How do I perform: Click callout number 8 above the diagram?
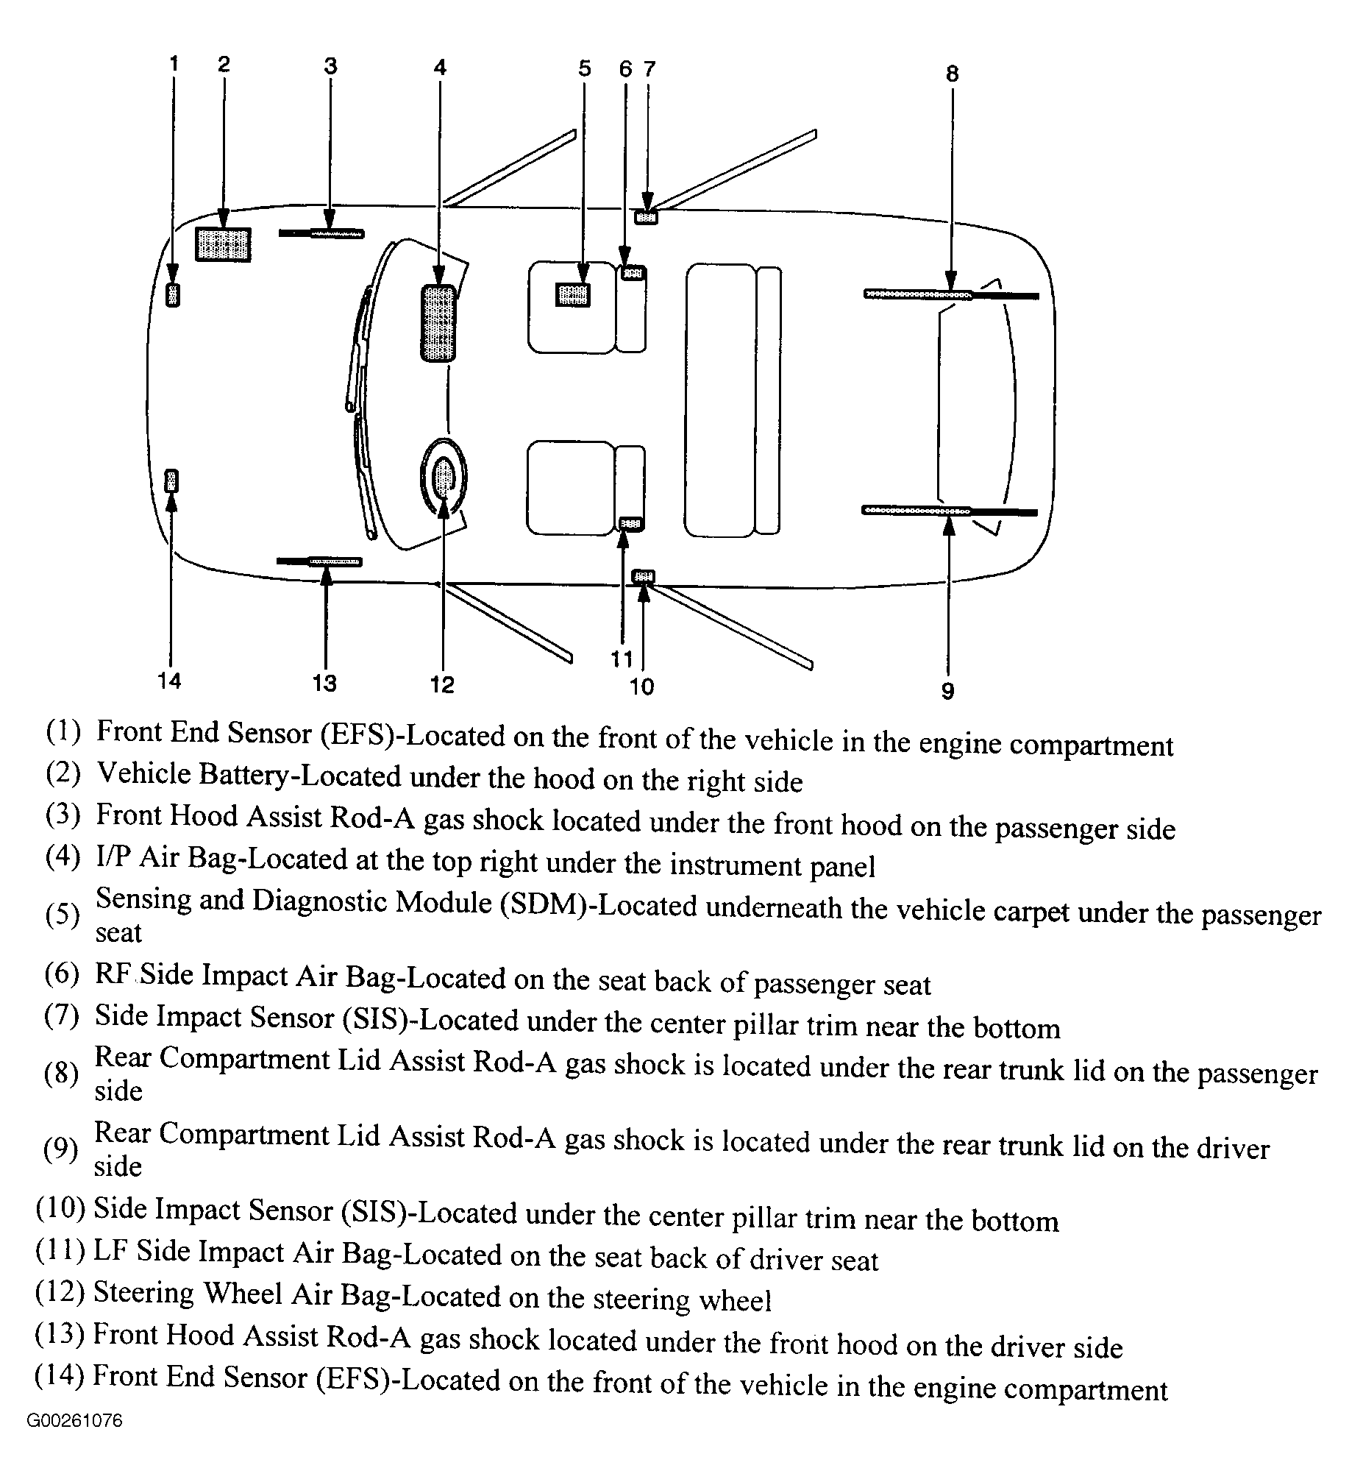coord(953,74)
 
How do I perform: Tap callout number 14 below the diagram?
coord(169,681)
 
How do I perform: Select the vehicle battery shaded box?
coord(223,244)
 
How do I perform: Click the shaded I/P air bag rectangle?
coord(438,324)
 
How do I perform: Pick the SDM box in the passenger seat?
coord(573,295)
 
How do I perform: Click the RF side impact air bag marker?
coord(633,273)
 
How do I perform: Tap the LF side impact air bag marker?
coord(630,523)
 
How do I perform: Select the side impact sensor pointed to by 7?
coord(647,217)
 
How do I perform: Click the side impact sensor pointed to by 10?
coord(644,576)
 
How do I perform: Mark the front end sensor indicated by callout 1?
coord(173,295)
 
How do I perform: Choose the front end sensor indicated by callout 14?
coord(171,481)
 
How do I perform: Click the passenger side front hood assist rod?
coord(321,233)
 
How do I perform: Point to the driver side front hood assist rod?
coord(320,562)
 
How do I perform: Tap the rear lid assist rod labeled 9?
coord(949,511)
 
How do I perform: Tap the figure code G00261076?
coord(75,1441)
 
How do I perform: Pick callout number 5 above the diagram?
coord(585,69)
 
